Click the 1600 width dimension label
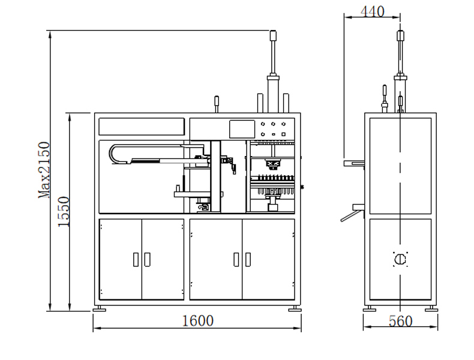pyautogui.click(x=197, y=321)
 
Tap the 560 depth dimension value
pyautogui.click(x=400, y=322)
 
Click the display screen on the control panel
pyautogui.click(x=242, y=128)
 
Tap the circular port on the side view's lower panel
pyautogui.click(x=400, y=259)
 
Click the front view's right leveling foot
pyautogui.click(x=294, y=308)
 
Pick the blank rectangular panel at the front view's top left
pyautogui.click(x=142, y=127)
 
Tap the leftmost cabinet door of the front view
pyautogui.click(x=121, y=259)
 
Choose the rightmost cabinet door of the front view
pyautogui.click(x=268, y=259)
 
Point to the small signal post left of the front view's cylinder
pyautogui.click(x=217, y=103)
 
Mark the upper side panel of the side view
pyautogui.click(x=400, y=165)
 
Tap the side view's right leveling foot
pyautogui.click(x=430, y=308)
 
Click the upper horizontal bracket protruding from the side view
pyautogui.click(x=354, y=163)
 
